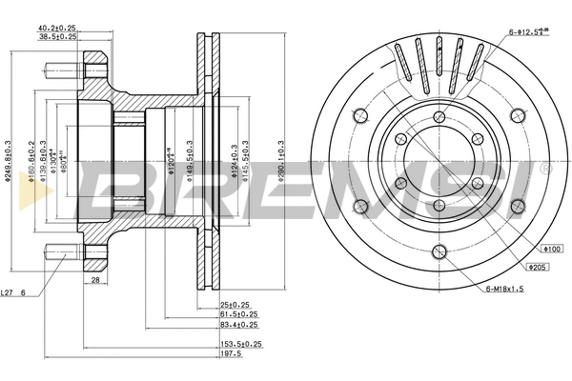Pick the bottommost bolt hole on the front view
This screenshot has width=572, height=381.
point(439,251)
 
